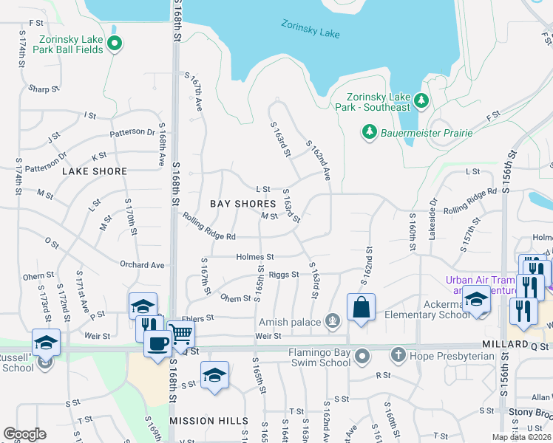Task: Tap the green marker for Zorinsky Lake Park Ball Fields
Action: point(114,45)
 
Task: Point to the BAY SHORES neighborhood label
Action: point(242,203)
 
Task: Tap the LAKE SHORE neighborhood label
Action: point(95,171)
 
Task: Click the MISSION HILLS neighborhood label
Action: point(209,421)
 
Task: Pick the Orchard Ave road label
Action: point(142,265)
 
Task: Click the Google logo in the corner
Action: point(25,434)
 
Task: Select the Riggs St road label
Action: point(284,275)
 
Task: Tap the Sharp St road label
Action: point(44,89)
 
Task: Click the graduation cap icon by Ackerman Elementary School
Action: point(477,301)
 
